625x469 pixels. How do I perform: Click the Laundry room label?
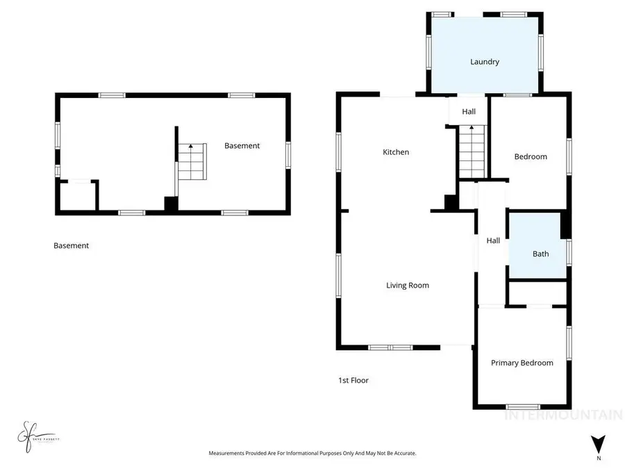pos(484,62)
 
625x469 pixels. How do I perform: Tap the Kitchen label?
pos(396,152)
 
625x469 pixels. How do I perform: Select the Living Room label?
pos(408,285)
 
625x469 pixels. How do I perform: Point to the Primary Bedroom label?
pos(522,363)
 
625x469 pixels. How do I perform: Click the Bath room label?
pos(540,254)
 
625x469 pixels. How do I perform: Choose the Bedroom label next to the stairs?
pos(530,156)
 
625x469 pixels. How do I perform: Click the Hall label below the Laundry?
pos(469,111)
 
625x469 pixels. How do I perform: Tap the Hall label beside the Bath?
pos(493,240)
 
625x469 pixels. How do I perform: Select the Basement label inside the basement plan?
pos(242,146)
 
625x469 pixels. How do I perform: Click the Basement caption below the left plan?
pos(71,245)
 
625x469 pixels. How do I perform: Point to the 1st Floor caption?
pos(353,380)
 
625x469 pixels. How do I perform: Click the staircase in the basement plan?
pos(192,161)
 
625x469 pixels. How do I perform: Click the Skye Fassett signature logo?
pos(33,437)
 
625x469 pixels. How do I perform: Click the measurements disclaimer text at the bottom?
pos(312,453)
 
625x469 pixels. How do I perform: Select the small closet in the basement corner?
pos(78,195)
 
